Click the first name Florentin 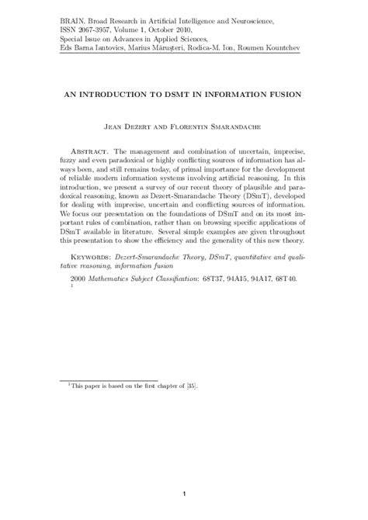199,123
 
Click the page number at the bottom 184,494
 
